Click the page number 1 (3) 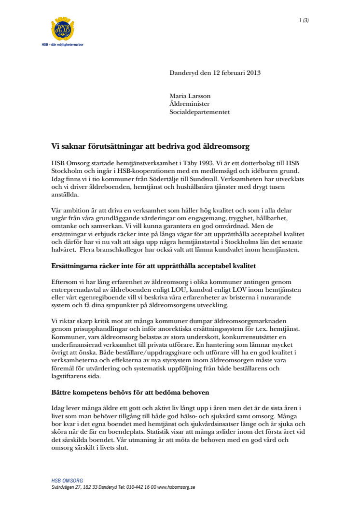pyautogui.click(x=304, y=20)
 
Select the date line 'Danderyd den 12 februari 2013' pyautogui.click(x=215, y=73)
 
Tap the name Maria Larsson pyautogui.click(x=190, y=96)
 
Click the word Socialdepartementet pyautogui.click(x=199, y=112)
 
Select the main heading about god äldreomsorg pyautogui.click(x=150, y=145)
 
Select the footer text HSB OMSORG pyautogui.click(x=67, y=481)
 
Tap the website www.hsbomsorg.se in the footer pyautogui.click(x=177, y=487)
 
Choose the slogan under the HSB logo pyautogui.click(x=63, y=44)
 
